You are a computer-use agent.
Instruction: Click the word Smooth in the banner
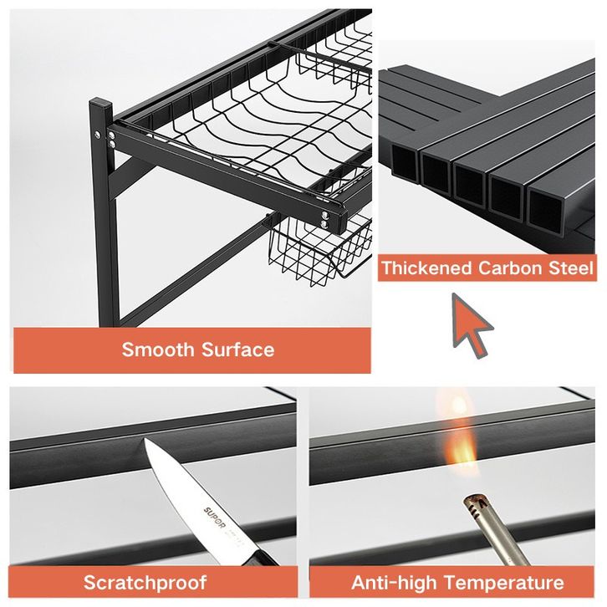click(158, 349)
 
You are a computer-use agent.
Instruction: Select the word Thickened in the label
click(426, 268)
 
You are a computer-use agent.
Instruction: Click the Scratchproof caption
click(145, 583)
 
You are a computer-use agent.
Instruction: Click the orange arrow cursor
click(470, 324)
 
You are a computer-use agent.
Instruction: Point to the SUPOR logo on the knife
click(214, 517)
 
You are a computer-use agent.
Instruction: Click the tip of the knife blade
click(145, 439)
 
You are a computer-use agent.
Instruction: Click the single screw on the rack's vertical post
click(97, 135)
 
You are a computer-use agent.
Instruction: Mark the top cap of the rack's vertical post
click(100, 104)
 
